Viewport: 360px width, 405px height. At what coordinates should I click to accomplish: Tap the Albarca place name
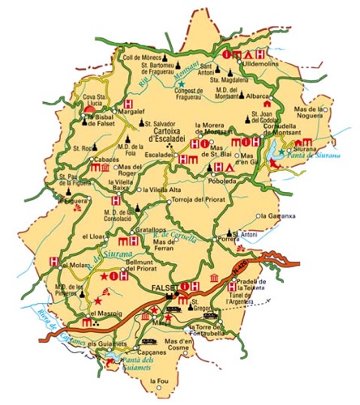(x=258, y=95)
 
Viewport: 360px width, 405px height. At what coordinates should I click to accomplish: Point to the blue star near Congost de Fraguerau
(x=182, y=84)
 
